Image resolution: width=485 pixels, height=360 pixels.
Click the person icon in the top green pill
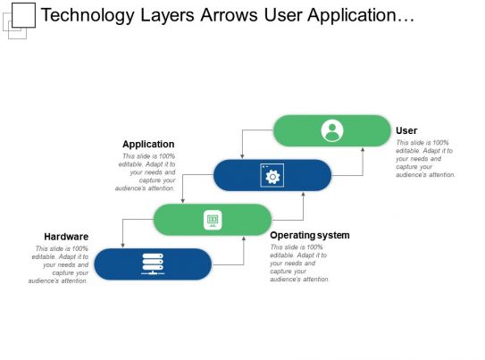(x=331, y=130)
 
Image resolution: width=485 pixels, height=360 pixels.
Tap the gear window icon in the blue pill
(x=272, y=175)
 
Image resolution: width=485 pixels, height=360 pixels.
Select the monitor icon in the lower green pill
(x=213, y=220)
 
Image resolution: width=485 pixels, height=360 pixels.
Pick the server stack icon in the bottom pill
(x=153, y=264)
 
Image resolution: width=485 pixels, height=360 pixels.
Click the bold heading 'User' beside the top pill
(x=406, y=130)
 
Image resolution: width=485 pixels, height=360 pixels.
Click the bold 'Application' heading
(x=148, y=144)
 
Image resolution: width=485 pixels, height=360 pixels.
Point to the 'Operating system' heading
(x=309, y=235)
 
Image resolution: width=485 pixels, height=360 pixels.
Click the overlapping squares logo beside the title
(x=20, y=18)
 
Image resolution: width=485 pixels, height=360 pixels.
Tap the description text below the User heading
(x=426, y=159)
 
